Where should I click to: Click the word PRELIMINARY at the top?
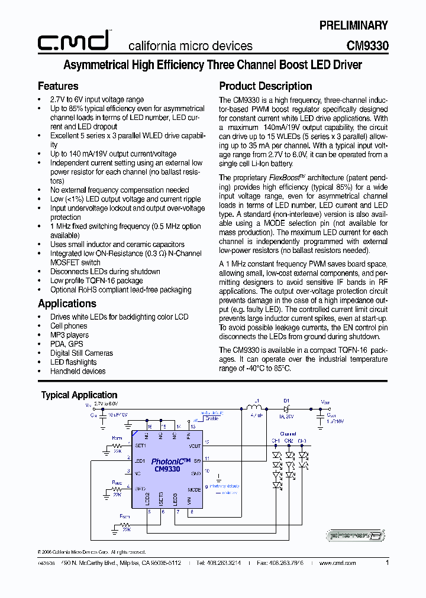coord(354,25)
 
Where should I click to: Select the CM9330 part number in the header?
coord(367,45)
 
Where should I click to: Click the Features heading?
coord(58,86)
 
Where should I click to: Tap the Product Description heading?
coord(266,86)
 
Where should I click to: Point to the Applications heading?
coord(67,304)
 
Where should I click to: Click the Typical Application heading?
coord(79,395)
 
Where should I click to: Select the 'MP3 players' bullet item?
coord(70,335)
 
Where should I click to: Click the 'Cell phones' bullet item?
coord(69,326)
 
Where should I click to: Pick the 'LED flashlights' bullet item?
coord(73,362)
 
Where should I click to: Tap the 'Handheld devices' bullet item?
coord(78,371)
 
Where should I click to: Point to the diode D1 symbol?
coord(286,408)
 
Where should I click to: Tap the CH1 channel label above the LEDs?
coord(276,441)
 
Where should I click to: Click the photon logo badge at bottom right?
coord(357,536)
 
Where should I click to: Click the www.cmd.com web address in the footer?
coord(338,563)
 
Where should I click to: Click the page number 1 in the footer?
coord(387,563)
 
